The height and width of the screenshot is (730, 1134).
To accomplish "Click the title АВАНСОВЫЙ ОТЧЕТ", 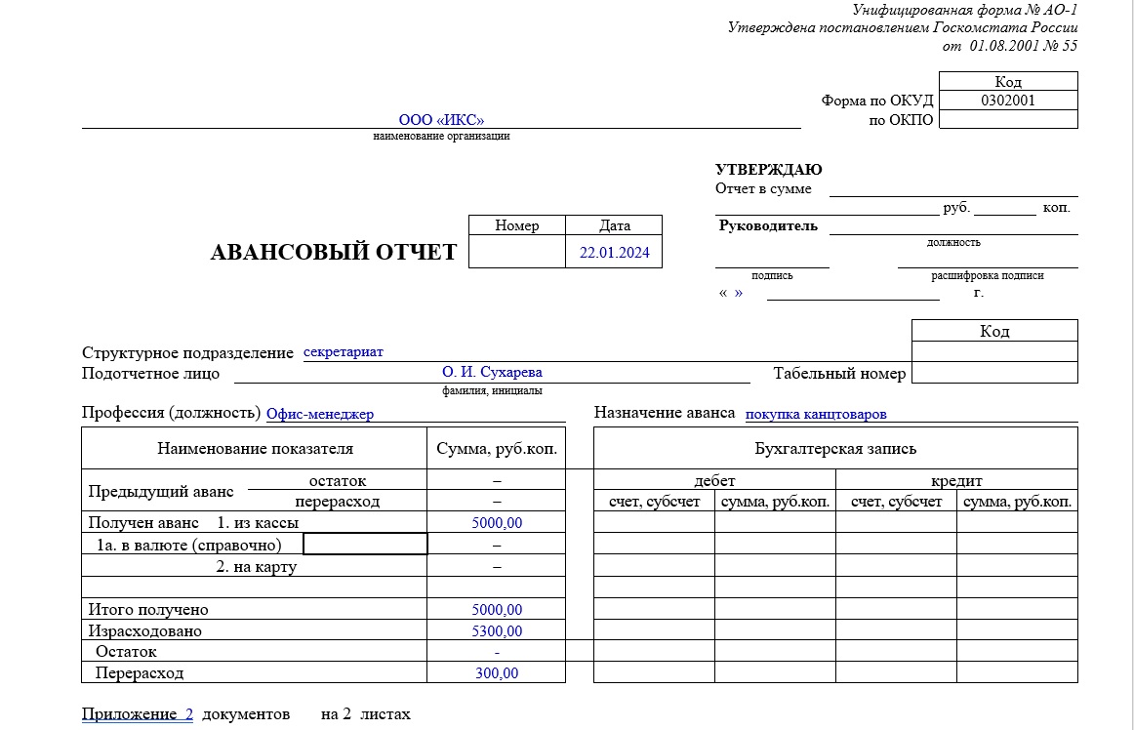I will [x=334, y=252].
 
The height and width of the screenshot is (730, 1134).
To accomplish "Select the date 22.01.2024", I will [x=614, y=252].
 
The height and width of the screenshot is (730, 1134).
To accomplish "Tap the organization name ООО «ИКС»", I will [x=441, y=120].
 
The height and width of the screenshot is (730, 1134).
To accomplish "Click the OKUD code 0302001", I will [x=1008, y=100].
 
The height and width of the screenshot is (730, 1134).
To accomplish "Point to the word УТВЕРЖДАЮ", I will [x=768, y=170].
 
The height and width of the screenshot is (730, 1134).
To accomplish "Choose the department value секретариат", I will [x=344, y=351].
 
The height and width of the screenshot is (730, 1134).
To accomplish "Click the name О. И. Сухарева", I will [x=492, y=372].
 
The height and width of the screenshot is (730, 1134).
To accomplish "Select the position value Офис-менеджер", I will [x=320, y=414].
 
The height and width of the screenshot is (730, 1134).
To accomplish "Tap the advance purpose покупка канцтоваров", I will [x=816, y=414].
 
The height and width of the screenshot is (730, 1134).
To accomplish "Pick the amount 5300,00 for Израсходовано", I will [x=497, y=631].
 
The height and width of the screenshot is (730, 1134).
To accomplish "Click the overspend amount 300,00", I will [x=497, y=673].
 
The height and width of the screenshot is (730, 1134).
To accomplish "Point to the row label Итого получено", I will [x=148, y=610].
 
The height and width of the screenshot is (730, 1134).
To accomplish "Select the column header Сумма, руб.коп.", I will [x=497, y=449].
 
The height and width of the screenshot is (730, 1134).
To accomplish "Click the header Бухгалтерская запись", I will [x=835, y=449].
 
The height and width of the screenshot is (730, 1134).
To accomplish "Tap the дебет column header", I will [x=714, y=481].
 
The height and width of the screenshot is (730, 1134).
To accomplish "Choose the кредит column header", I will [x=956, y=481].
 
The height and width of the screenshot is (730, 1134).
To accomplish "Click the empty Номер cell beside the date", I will [x=516, y=252].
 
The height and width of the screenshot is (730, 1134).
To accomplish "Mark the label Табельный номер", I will [x=839, y=373].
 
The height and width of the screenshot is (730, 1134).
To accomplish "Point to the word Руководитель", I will [x=768, y=226].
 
